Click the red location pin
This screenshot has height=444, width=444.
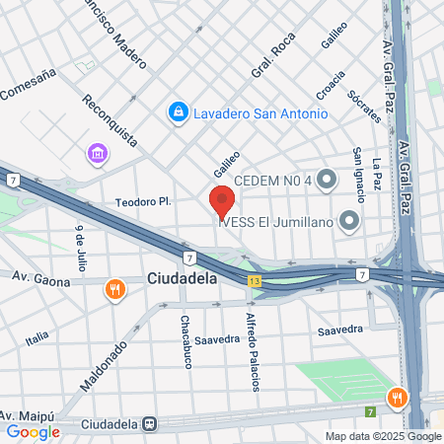[x=222, y=201]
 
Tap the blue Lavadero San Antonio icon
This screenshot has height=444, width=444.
[x=178, y=113]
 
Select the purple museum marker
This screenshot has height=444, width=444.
[x=98, y=153]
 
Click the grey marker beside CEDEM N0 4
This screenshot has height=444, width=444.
[x=328, y=179]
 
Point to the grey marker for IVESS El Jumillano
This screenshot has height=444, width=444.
[x=348, y=221]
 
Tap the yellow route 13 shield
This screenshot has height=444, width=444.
[x=256, y=282]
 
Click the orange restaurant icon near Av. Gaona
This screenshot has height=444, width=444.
[x=116, y=289]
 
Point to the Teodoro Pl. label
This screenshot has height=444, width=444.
[x=144, y=201]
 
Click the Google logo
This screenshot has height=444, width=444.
[x=33, y=431]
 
